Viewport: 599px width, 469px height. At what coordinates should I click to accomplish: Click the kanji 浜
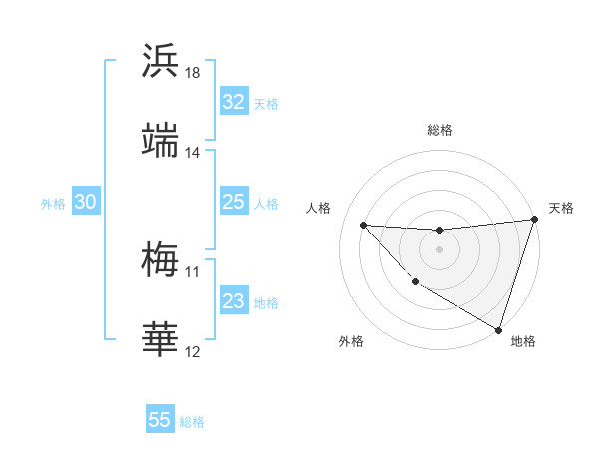[160, 61]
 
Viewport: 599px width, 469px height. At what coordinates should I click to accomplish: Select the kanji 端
[160, 140]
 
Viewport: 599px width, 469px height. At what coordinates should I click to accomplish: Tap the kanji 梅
[160, 260]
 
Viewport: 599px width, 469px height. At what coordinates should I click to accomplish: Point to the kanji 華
[160, 340]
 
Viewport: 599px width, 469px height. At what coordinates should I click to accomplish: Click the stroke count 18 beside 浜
[193, 74]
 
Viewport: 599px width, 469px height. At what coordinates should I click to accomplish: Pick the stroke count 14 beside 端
[193, 153]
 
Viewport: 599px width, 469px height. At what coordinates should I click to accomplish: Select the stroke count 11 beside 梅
[193, 271]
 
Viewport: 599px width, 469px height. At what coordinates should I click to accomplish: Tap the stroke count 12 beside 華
[193, 352]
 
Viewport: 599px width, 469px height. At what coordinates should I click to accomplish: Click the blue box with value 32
[233, 102]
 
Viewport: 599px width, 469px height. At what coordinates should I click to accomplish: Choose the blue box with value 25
[233, 203]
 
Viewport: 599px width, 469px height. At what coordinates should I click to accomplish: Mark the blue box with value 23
[233, 301]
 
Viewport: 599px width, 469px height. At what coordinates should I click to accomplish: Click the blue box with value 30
[85, 203]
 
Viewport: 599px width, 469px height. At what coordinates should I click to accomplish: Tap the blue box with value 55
[160, 420]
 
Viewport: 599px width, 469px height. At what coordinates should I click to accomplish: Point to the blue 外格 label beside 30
[53, 204]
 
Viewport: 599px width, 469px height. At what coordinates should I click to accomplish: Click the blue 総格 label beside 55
[192, 422]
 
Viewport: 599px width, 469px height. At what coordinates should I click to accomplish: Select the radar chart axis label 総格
[439, 130]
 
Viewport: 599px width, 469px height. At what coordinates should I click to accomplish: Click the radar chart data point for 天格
[534, 221]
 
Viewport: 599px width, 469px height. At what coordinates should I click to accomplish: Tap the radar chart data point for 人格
[363, 225]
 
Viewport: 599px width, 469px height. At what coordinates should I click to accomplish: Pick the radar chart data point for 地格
[498, 328]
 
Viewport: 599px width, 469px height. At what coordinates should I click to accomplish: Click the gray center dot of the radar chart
[439, 249]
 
